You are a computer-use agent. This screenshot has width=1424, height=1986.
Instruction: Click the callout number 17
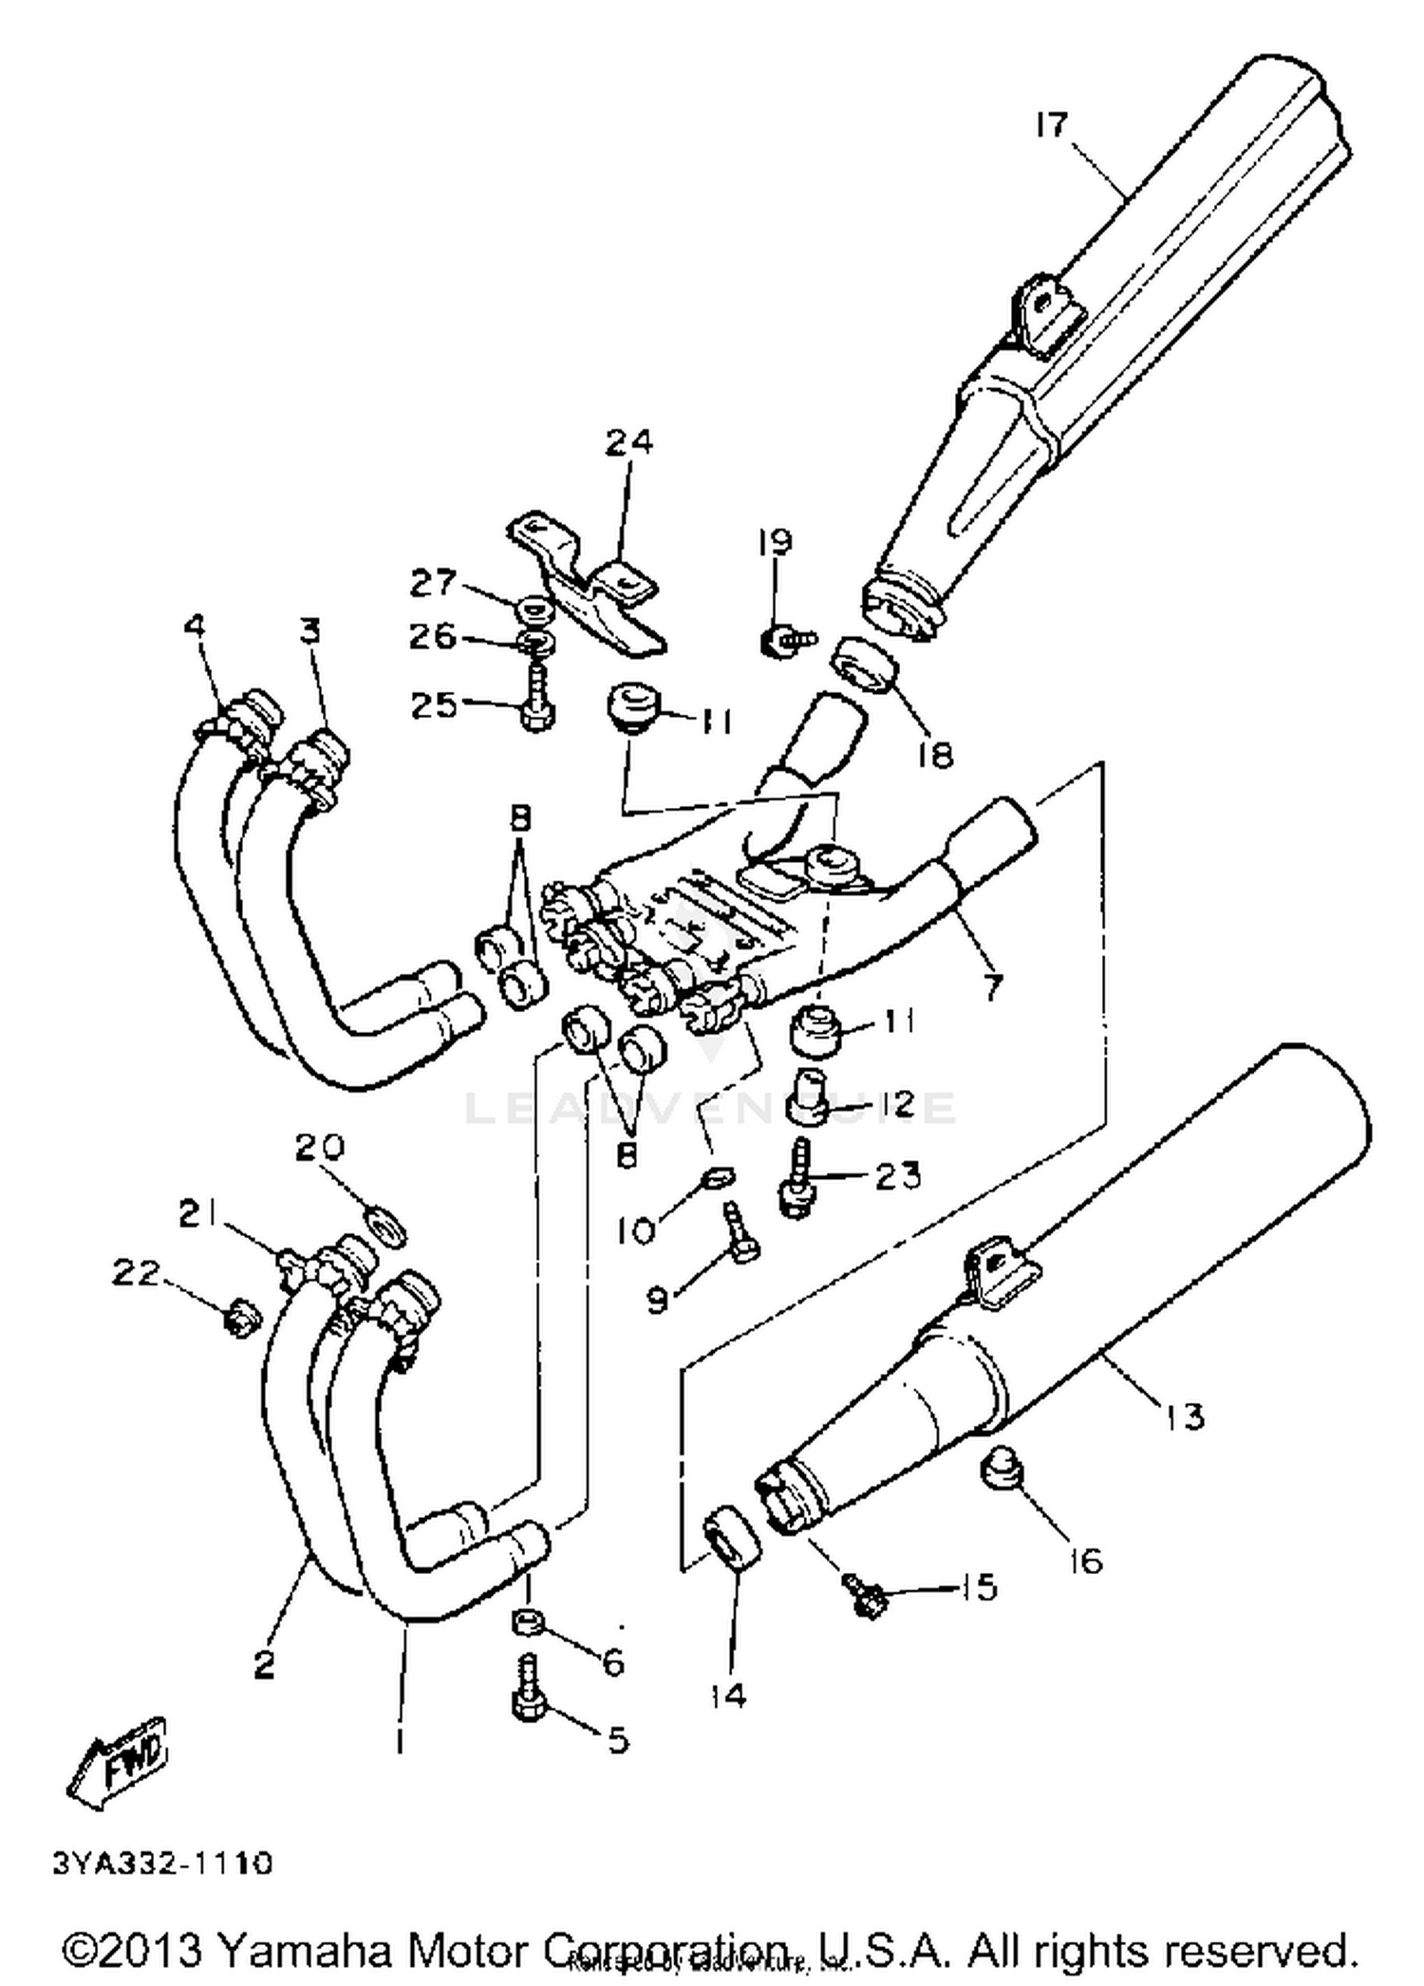(1051, 124)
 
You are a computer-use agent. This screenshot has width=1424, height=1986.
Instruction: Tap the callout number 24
(629, 442)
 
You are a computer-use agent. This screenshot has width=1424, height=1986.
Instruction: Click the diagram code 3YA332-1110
(162, 1864)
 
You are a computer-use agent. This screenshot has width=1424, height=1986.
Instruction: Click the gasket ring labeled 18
(865, 667)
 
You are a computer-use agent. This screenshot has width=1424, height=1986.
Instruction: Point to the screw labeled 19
(786, 642)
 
